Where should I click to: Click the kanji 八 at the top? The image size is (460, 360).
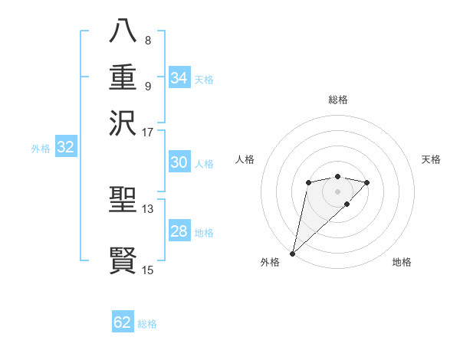coord(123,31)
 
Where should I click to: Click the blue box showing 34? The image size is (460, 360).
coord(179,78)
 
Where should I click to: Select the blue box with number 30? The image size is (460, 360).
coord(179,162)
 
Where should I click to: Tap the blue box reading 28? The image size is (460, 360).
coord(179,231)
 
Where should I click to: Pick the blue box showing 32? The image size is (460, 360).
coord(66,148)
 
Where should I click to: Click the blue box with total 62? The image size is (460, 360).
coord(123,322)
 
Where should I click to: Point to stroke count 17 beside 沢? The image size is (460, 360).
coord(148,132)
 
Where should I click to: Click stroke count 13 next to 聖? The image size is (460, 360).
coord(148,209)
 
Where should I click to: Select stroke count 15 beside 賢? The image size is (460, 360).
coord(148,270)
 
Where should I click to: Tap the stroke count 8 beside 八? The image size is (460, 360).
coord(147,40)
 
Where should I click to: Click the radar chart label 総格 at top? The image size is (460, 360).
coord(337,100)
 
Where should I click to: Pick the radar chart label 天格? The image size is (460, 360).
coord(431,159)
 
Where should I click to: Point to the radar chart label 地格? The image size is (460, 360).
coord(402,262)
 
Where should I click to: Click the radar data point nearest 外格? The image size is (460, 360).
coord(292,253)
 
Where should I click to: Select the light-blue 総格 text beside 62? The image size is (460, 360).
coord(147,324)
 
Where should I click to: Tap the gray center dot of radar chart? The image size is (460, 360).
coord(337,191)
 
